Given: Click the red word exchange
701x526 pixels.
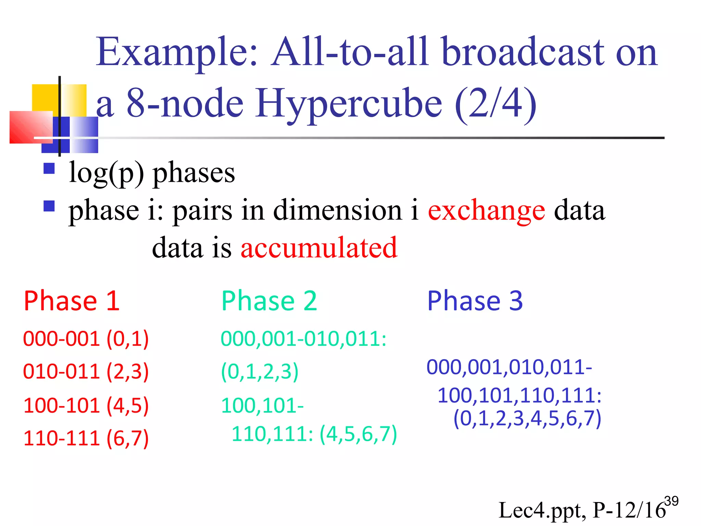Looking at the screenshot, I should tap(486, 210).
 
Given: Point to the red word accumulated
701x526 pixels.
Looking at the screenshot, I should tap(319, 247).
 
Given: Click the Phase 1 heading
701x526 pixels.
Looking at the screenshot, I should tap(72, 301).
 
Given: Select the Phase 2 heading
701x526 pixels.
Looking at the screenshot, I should tap(269, 301).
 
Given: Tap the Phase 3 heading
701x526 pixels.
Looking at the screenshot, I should tap(475, 301).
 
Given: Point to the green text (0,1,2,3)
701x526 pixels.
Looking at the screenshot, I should tap(260, 372).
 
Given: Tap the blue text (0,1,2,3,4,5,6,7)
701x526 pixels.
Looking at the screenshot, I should tap(527, 418).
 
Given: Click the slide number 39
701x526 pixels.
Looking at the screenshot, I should tap(671, 501).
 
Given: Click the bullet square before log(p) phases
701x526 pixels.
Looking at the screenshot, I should tap(49, 168).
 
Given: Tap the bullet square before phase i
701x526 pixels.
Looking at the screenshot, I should tap(49, 206).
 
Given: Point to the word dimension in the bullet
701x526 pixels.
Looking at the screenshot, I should tap(337, 210).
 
